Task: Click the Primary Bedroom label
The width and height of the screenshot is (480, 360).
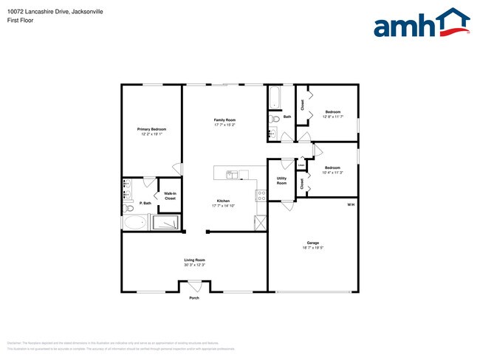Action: [151, 128]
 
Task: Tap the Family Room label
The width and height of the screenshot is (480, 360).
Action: [224, 120]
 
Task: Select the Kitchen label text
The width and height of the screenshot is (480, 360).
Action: [223, 201]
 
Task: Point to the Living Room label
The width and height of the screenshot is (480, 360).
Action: [194, 260]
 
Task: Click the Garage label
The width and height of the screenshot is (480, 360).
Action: [313, 243]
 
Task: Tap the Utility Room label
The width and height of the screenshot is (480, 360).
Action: [281, 181]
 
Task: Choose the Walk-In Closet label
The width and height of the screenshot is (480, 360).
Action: [170, 196]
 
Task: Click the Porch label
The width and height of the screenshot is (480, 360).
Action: [194, 298]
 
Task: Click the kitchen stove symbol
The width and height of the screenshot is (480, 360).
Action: [261, 195]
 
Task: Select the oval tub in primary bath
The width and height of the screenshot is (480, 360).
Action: [135, 223]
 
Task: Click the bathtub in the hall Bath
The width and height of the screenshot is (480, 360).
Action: [273, 97]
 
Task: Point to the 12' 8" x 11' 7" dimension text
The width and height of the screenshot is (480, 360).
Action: [332, 117]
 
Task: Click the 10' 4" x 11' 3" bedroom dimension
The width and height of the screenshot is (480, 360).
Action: [332, 172]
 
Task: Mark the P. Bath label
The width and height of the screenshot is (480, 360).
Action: [145, 203]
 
